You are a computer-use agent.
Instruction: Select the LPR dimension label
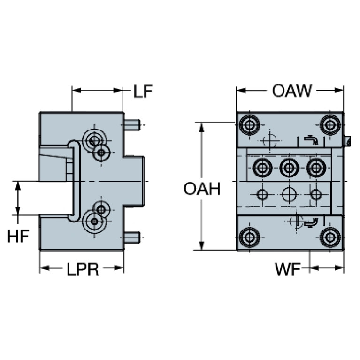(x=83, y=269)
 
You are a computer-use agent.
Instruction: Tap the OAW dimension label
(x=291, y=91)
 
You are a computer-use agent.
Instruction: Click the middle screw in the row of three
(x=288, y=167)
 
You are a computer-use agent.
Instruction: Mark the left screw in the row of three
(x=261, y=167)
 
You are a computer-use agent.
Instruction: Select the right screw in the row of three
(x=316, y=167)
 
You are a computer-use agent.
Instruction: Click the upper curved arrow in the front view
(x=311, y=140)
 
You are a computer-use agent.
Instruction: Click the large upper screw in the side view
(x=93, y=139)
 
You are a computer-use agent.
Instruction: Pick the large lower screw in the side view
(x=93, y=221)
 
